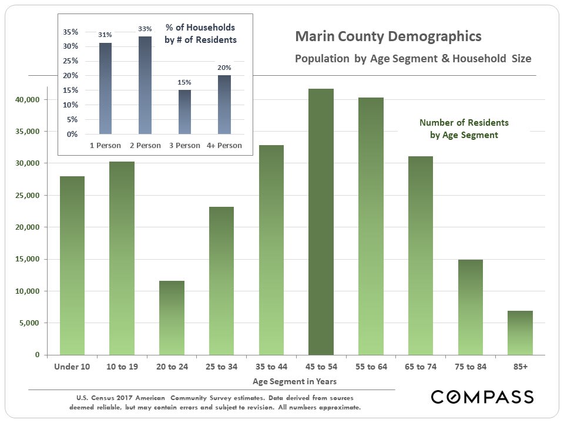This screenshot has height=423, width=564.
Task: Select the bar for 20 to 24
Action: (x=172, y=318)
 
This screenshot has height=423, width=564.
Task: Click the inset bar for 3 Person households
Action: (x=184, y=112)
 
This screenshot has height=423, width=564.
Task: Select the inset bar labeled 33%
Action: (x=145, y=85)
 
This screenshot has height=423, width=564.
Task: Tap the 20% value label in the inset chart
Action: (x=224, y=68)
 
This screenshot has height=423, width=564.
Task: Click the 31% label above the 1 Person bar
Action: (x=105, y=35)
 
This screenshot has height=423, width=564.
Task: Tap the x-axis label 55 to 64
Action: (x=371, y=367)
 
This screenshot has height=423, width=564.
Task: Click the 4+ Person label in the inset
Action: (x=224, y=145)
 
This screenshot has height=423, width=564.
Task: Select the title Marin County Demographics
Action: (x=388, y=37)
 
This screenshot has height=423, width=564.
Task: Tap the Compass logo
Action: (x=482, y=397)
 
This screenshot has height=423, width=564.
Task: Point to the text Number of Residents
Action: (x=464, y=123)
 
